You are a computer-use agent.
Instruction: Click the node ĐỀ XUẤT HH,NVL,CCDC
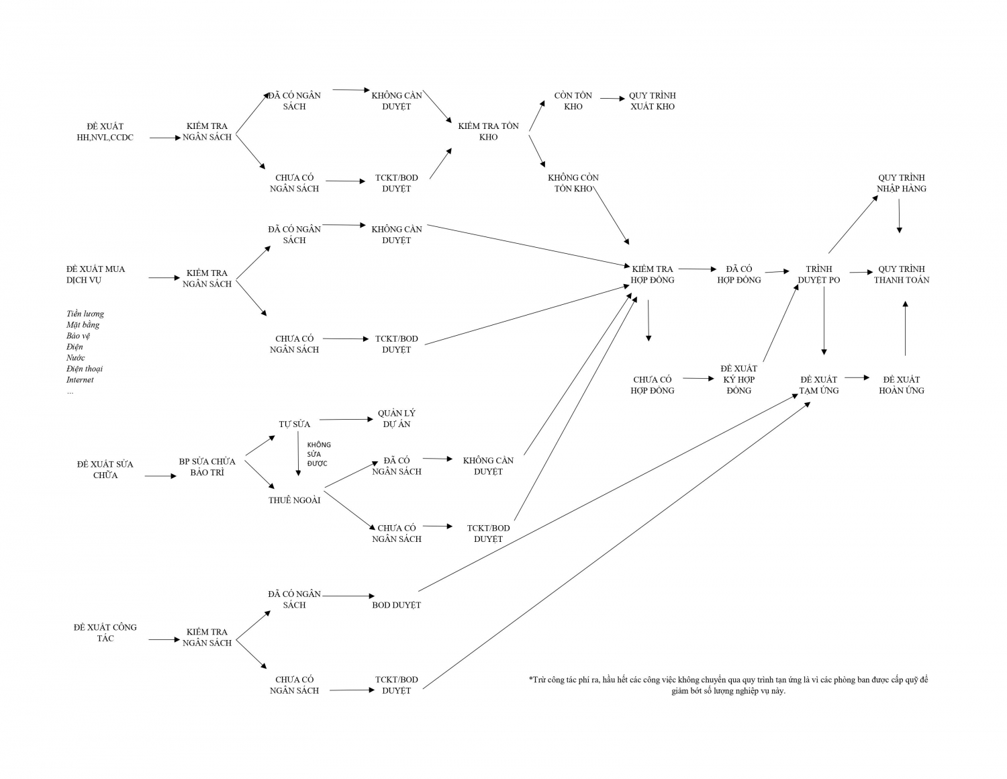pos(105,132)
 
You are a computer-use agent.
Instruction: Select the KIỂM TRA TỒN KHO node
pos(488,132)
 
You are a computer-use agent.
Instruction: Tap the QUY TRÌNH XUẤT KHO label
pos(652,101)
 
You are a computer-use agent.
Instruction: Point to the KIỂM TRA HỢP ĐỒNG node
pos(652,275)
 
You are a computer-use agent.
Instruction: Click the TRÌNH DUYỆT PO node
pos(818,275)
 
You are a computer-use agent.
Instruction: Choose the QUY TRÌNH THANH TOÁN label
pos(901,275)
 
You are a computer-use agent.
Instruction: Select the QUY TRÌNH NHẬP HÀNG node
pos(901,183)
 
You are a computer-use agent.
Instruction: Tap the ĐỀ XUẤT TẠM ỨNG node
pos(818,385)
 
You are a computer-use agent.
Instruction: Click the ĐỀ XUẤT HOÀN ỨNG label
pos(901,385)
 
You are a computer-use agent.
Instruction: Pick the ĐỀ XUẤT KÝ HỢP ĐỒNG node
pos(738,379)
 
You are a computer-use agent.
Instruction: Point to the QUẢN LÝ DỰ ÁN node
pos(396,418)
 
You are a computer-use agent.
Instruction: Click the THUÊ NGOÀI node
pos(294,500)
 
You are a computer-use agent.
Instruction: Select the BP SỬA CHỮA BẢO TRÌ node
pos(207,467)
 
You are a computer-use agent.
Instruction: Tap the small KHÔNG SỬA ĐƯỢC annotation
pos(319,455)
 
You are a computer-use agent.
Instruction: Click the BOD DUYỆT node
pos(396,605)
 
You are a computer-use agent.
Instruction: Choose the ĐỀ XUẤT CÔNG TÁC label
pos(105,633)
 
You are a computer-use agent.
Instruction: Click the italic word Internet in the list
pos(80,380)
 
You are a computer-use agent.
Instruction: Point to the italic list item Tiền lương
pos(85,314)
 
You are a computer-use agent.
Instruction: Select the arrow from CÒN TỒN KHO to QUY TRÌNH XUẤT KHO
pos(612,99)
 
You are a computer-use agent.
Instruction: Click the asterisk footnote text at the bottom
pos(728,685)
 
